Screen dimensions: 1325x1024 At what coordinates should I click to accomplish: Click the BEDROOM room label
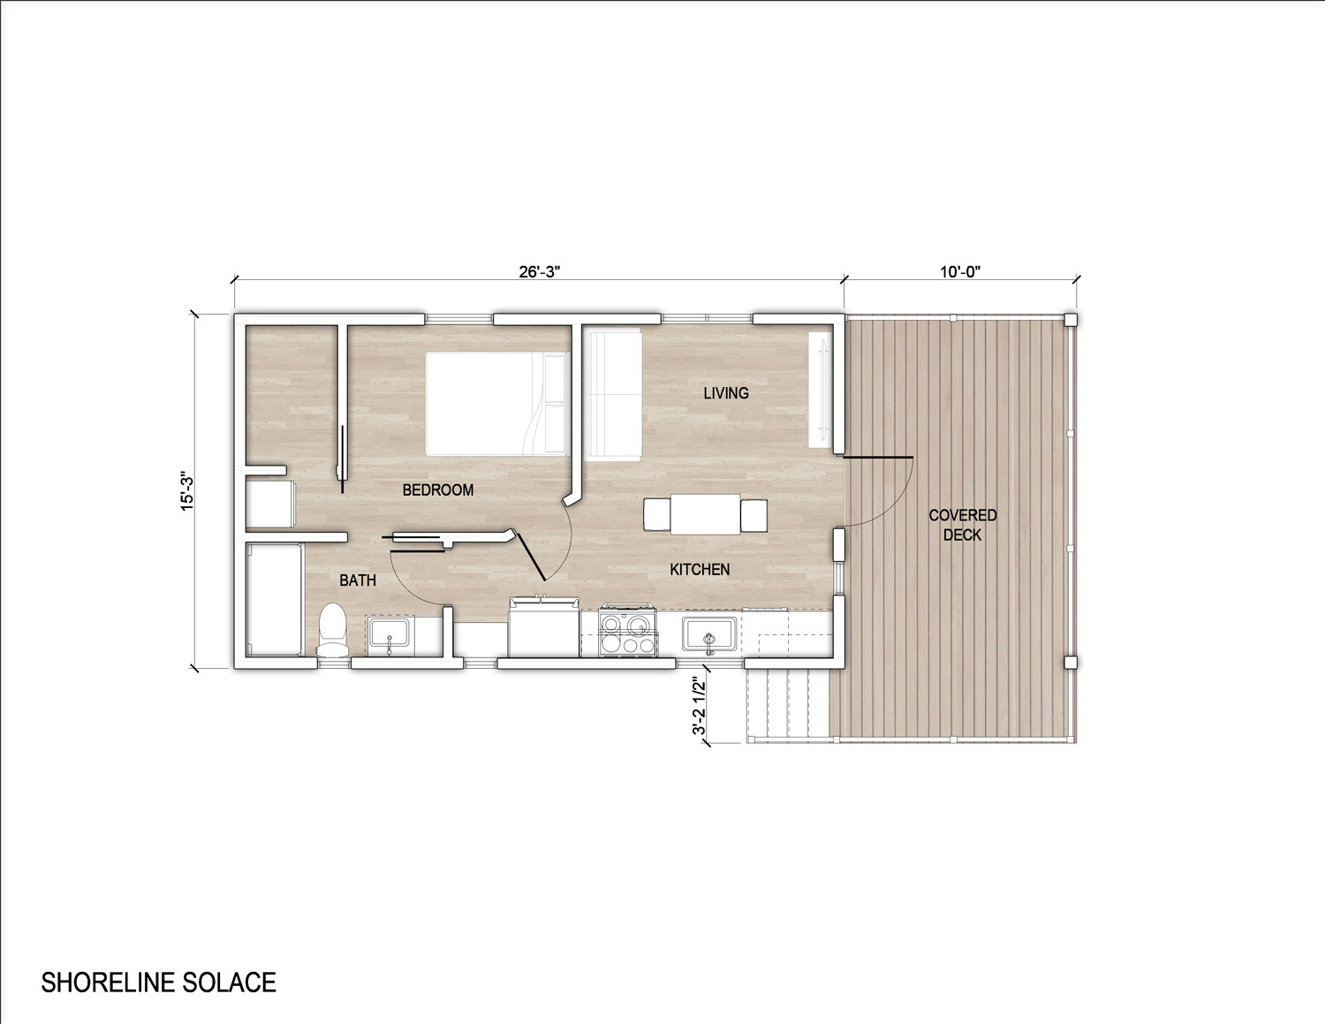click(x=438, y=489)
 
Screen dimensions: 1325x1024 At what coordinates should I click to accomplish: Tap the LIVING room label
click(x=726, y=393)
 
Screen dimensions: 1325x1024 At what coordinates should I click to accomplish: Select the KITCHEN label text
click(x=700, y=569)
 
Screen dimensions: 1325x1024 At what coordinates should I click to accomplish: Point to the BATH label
click(x=358, y=580)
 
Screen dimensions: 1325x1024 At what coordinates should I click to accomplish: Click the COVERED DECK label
click(x=963, y=525)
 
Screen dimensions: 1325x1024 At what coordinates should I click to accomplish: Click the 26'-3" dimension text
click(x=539, y=272)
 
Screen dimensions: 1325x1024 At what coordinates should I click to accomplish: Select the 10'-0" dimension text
click(x=960, y=272)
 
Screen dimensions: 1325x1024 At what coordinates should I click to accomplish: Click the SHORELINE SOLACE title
click(x=158, y=982)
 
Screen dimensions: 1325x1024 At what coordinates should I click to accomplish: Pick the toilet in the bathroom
click(x=332, y=629)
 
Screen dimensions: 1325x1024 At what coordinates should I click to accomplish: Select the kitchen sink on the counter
click(x=709, y=634)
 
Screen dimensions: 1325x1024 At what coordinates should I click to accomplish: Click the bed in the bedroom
click(x=497, y=403)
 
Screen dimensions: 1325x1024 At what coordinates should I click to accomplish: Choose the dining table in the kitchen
click(x=706, y=514)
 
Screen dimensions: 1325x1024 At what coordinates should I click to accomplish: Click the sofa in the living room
click(x=613, y=394)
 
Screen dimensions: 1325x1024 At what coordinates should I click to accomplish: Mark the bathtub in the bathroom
click(x=274, y=600)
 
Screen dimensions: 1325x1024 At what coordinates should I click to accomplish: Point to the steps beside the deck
click(x=789, y=705)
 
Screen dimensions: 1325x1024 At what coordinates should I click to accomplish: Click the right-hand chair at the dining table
click(x=754, y=515)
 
